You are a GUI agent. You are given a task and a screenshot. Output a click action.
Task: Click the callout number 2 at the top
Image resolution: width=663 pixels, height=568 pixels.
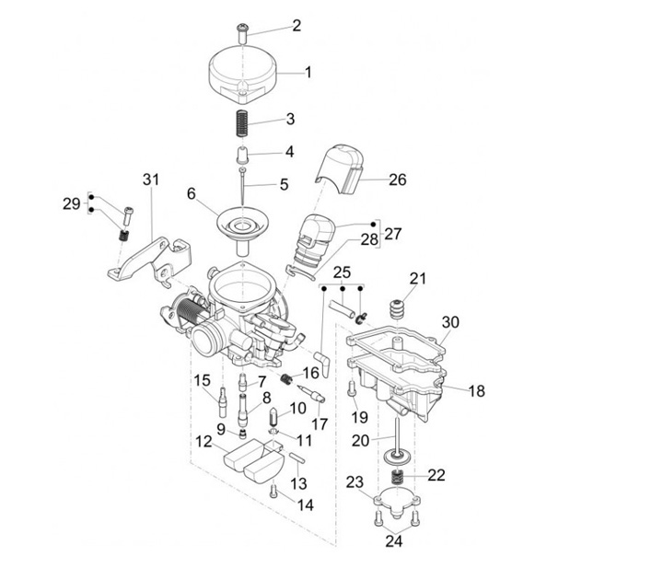(x=297, y=26)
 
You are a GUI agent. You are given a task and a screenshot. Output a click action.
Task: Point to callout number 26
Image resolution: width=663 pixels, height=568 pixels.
(x=397, y=180)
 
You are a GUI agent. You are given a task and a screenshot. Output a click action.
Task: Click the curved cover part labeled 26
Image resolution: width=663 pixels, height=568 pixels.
(x=343, y=169)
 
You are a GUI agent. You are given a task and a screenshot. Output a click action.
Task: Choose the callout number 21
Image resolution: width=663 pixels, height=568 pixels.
(x=418, y=279)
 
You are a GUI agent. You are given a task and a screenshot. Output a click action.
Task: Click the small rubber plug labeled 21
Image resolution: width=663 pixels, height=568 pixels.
(x=400, y=308)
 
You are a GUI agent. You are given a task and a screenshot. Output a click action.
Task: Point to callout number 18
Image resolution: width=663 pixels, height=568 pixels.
(x=476, y=391)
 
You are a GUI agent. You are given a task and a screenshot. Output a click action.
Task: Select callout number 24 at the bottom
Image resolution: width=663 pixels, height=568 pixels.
(x=394, y=540)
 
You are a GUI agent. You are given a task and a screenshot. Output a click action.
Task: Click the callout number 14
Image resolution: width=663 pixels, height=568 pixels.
(x=305, y=504)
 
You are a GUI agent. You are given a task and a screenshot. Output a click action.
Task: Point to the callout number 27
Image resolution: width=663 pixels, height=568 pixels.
(x=393, y=234)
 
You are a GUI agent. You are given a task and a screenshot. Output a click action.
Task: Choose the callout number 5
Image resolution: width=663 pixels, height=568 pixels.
(x=284, y=184)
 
